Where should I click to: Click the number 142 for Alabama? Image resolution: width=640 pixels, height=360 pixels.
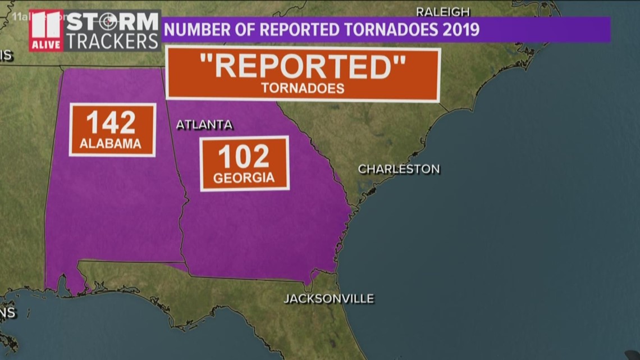[111, 122]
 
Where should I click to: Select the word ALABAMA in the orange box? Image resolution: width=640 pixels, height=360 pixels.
[111, 144]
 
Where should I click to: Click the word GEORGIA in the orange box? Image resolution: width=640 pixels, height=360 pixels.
[244, 178]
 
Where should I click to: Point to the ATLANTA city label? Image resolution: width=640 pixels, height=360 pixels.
[204, 125]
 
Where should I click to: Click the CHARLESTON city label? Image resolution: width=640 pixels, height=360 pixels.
[399, 169]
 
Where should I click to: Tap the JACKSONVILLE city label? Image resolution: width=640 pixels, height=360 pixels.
[328, 299]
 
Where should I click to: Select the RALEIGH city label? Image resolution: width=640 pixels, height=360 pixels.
[442, 12]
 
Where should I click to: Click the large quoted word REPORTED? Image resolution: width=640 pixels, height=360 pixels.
[303, 67]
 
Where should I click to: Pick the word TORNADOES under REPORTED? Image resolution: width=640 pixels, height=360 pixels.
[303, 89]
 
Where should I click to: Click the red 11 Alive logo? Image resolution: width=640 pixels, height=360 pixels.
[46, 31]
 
